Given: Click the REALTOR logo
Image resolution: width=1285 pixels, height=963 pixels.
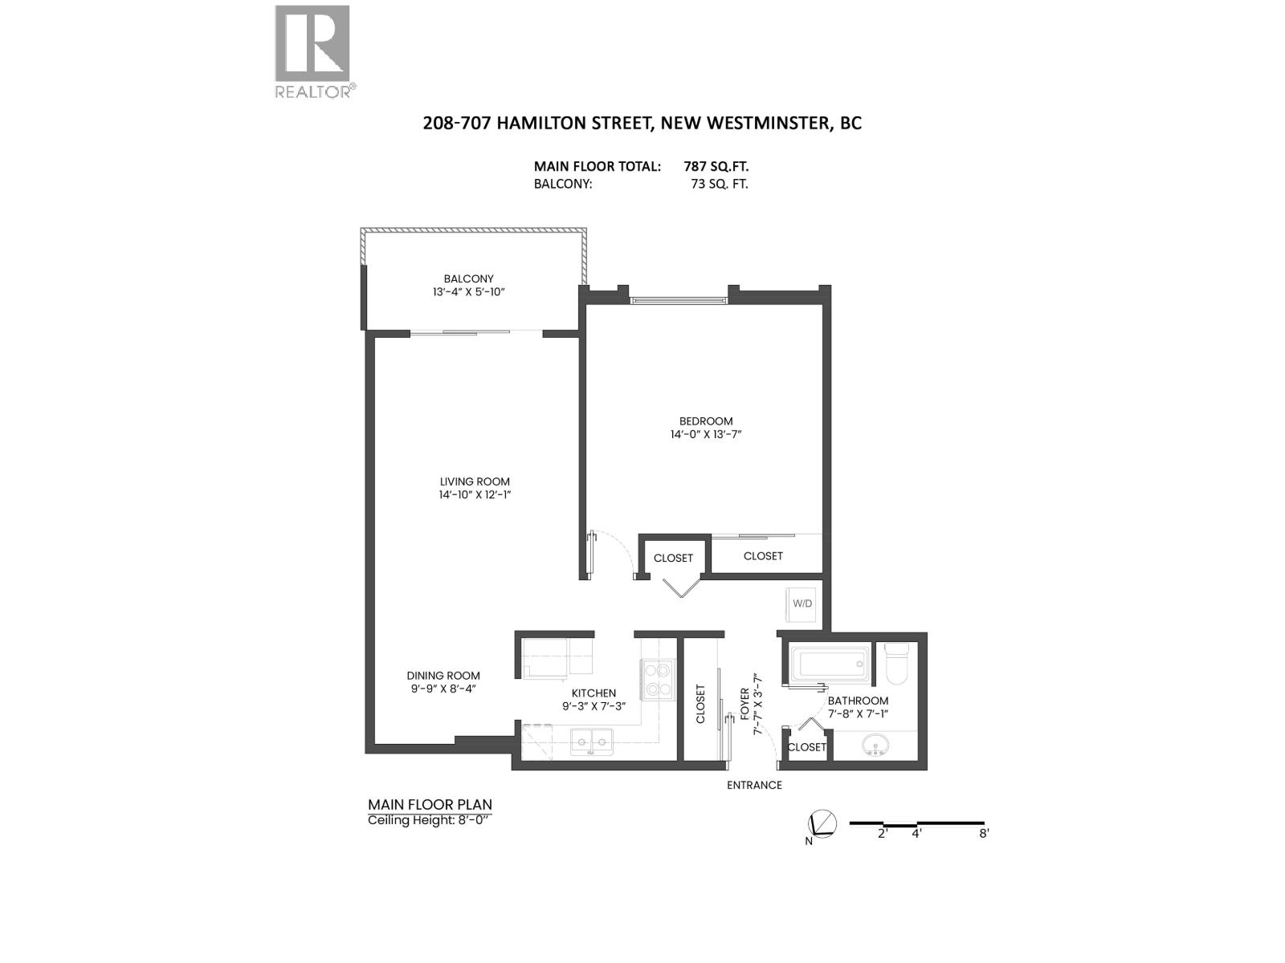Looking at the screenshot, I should click(312, 51).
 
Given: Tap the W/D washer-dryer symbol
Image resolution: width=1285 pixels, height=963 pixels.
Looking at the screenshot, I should click(802, 603).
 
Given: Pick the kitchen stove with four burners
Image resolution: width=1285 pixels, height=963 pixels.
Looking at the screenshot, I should click(656, 679).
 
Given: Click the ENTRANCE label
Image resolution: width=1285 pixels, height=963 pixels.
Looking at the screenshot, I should click(754, 785).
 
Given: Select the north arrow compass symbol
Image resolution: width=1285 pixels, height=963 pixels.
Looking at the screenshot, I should click(823, 824).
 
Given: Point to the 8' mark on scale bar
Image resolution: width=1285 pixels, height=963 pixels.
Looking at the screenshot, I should click(984, 833).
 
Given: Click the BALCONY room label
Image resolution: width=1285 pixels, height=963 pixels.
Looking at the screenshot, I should click(468, 278).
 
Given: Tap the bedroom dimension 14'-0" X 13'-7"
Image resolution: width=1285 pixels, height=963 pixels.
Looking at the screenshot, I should click(706, 434).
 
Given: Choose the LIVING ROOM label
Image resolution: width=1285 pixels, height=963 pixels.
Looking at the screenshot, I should click(475, 481).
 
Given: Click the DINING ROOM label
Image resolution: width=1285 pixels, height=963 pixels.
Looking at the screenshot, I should click(443, 675).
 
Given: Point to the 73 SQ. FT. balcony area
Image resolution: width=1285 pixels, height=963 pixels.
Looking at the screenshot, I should click(719, 184).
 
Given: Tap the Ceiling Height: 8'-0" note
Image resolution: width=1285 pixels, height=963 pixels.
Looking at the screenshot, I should click(428, 820).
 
